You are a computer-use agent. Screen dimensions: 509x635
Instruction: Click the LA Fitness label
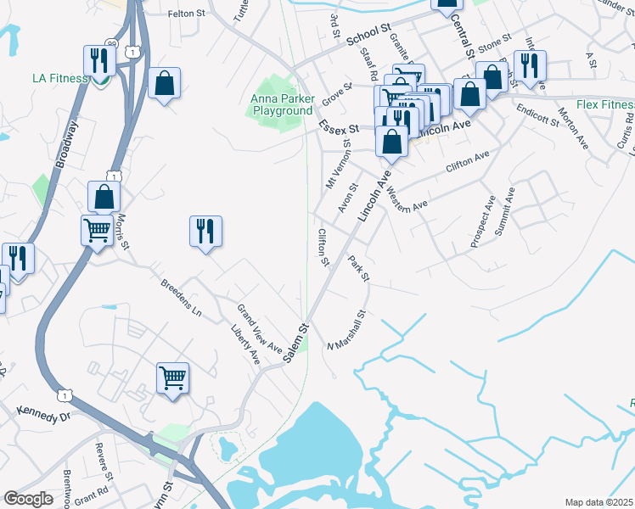[x=59, y=78]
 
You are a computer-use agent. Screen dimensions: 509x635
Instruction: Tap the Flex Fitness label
[x=605, y=105]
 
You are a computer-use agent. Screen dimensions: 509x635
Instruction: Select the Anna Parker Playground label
[x=281, y=105]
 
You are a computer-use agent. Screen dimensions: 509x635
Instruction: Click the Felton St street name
[x=188, y=14]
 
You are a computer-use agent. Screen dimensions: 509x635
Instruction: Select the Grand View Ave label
[x=260, y=328]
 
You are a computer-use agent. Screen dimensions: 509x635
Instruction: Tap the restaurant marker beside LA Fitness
[x=99, y=62]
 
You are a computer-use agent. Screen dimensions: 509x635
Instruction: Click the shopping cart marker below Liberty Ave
[x=173, y=377]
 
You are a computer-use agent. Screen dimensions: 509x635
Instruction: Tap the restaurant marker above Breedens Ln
[x=205, y=231]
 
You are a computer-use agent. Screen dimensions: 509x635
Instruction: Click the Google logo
[x=28, y=499]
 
